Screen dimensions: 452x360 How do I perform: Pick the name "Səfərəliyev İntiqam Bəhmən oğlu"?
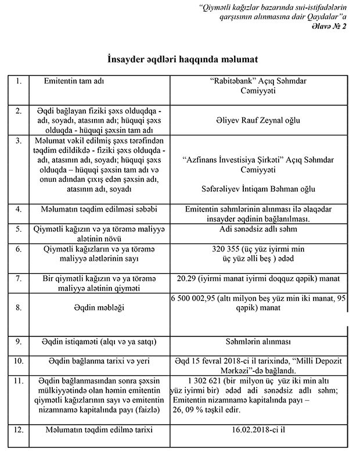(x=262, y=189)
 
